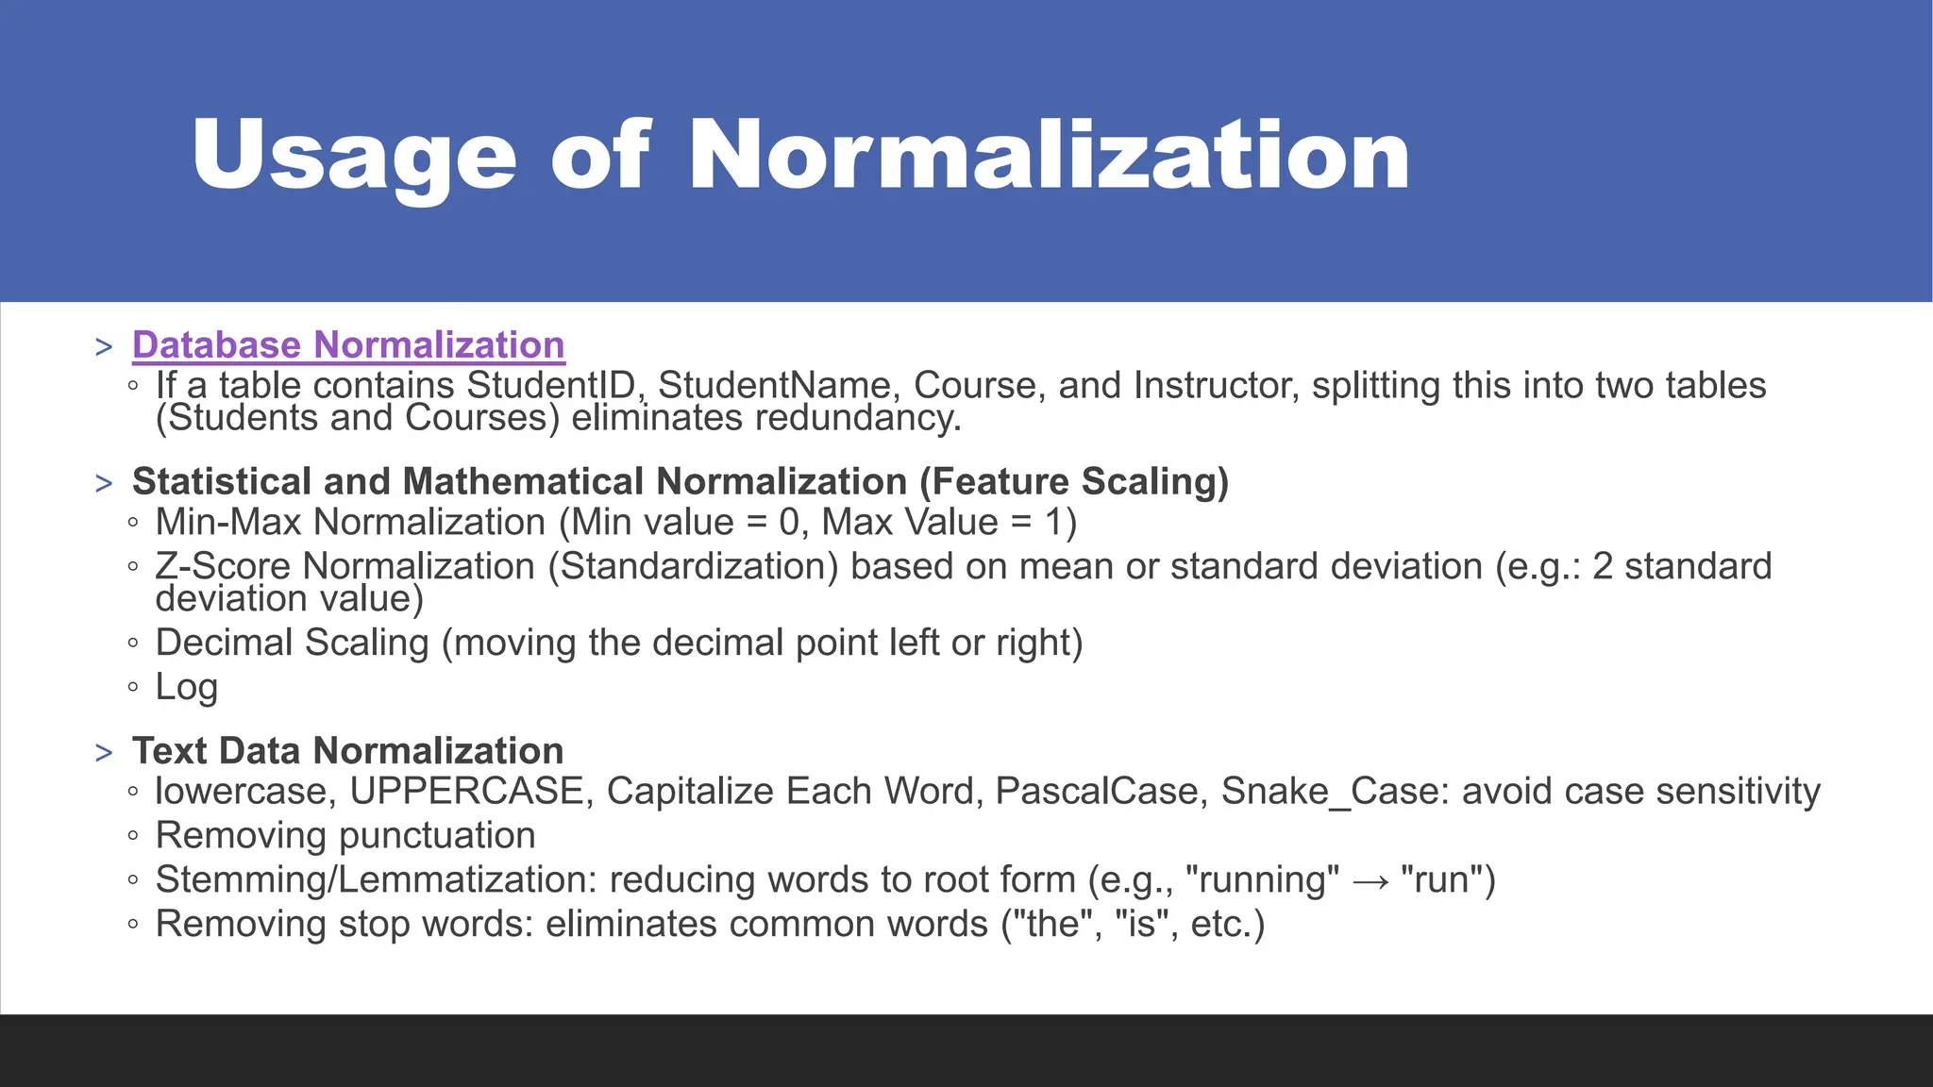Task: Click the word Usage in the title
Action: tap(354, 156)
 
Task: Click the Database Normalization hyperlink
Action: tap(348, 345)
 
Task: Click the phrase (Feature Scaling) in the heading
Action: tap(1074, 482)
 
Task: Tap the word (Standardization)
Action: tap(693, 567)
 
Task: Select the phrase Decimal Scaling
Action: tap(292, 644)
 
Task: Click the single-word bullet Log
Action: tap(186, 688)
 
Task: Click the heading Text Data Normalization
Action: tap(347, 751)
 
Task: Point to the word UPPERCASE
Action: tap(466, 792)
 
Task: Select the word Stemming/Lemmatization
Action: tap(376, 880)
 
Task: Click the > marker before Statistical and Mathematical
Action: tap(104, 484)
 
